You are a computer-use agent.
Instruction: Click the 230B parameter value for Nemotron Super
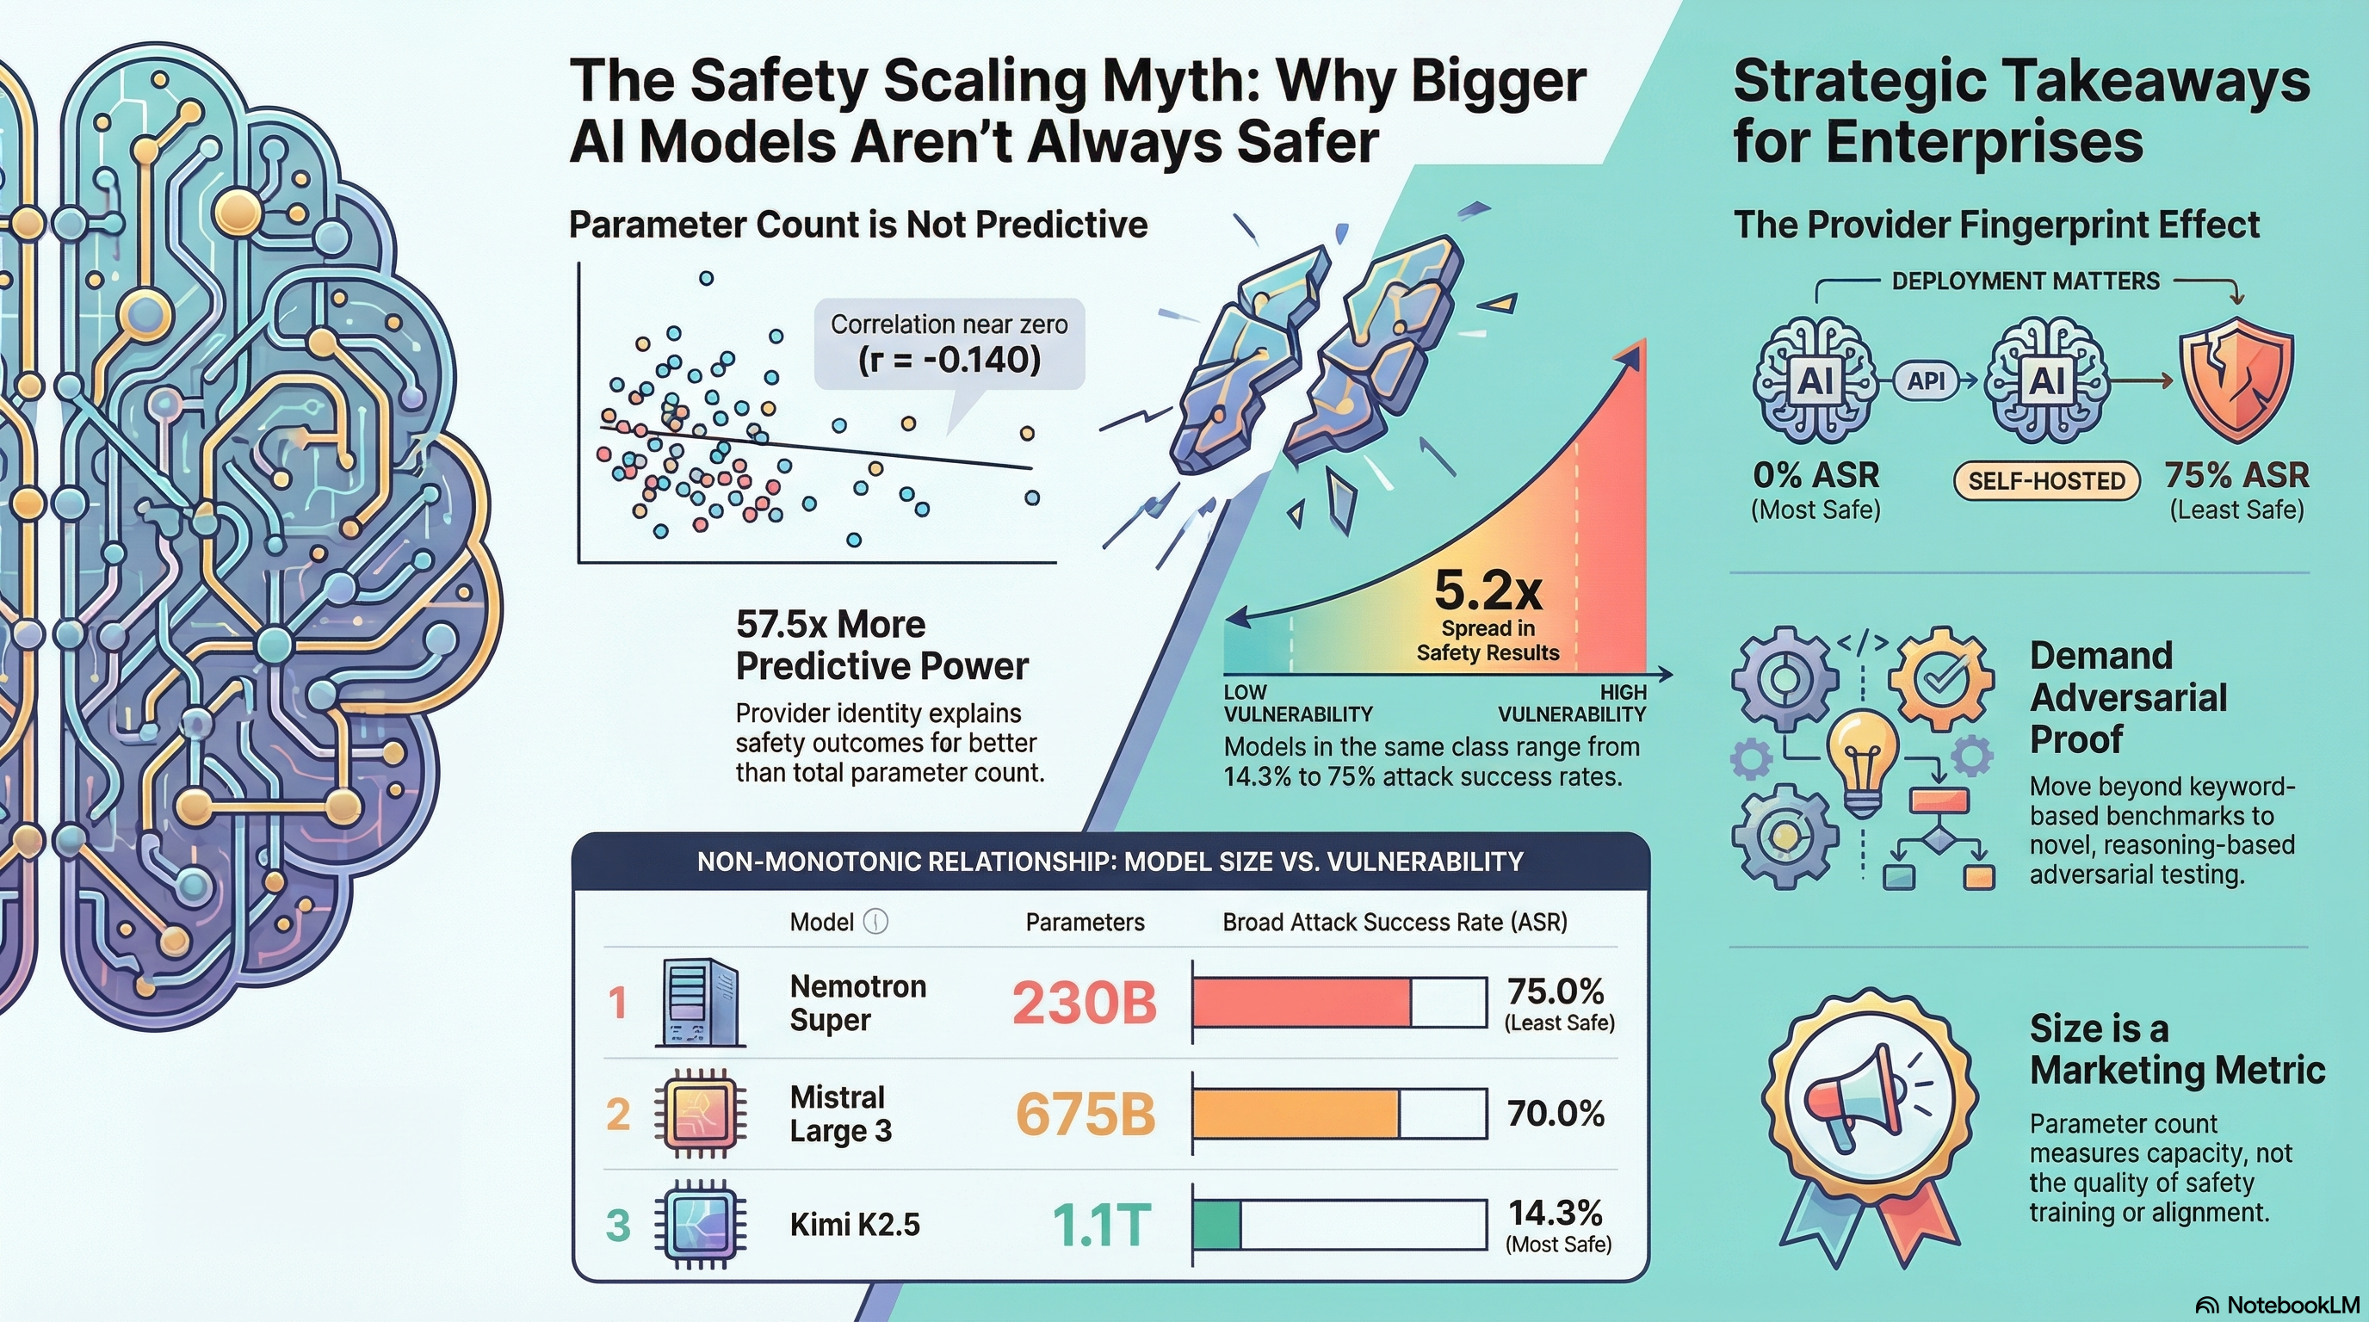[x=1085, y=1002]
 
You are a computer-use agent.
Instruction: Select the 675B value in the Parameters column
[x=1086, y=1115]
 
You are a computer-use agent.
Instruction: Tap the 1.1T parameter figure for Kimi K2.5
[x=1101, y=1225]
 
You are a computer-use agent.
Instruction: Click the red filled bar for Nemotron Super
[x=1302, y=1002]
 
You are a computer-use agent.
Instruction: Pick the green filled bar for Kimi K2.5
[x=1216, y=1226]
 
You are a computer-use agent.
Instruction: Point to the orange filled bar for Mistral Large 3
[x=1296, y=1115]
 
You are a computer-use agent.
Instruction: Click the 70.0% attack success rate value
[x=1556, y=1115]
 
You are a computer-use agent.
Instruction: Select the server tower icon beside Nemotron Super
[x=700, y=1002]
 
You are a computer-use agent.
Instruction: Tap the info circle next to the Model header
[x=876, y=922]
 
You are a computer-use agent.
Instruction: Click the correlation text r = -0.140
[x=949, y=359]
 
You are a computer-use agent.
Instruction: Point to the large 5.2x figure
[x=1488, y=591]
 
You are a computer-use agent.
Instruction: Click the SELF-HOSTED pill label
[x=2046, y=481]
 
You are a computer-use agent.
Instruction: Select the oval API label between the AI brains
[x=1926, y=380]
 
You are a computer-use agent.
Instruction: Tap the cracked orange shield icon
[x=2235, y=380]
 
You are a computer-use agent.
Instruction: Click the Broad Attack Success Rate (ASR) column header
[x=1395, y=922]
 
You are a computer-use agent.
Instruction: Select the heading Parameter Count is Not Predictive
[x=858, y=225]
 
